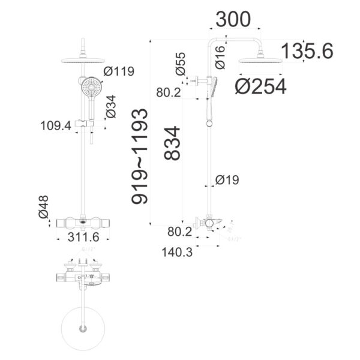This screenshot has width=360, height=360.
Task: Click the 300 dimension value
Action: (233, 20)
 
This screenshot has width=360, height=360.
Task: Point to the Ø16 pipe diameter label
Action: (219, 56)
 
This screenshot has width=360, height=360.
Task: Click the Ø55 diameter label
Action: (181, 64)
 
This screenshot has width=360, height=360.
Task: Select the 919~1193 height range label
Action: (139, 157)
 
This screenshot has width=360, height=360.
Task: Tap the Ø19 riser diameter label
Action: (227, 179)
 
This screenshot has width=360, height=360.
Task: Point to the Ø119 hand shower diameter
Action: (119, 72)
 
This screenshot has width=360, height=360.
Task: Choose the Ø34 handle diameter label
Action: (110, 106)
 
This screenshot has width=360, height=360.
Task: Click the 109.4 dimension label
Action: (55, 126)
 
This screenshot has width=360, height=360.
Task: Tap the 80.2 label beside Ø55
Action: (169, 93)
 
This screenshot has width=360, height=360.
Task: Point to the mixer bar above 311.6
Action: (82, 223)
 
